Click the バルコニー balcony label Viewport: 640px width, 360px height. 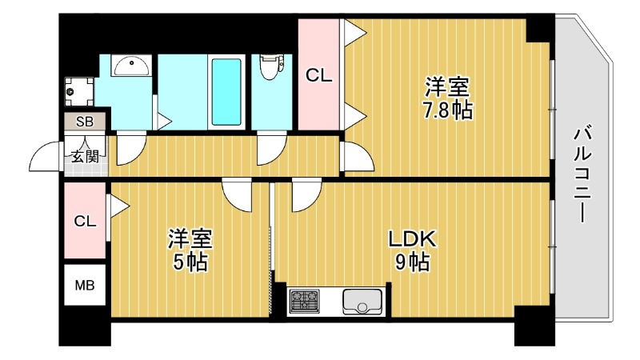(x=582, y=173)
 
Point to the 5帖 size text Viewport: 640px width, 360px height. (x=190, y=262)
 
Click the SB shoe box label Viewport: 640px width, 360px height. (x=84, y=122)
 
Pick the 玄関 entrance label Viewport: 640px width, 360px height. (x=84, y=156)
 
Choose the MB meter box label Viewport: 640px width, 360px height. (x=84, y=284)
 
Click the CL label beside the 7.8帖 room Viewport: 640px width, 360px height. (x=320, y=76)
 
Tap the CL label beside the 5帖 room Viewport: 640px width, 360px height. (x=85, y=222)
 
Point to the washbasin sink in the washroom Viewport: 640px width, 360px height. (x=128, y=65)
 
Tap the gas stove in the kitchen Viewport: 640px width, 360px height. (x=304, y=302)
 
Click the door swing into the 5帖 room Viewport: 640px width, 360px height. (x=238, y=194)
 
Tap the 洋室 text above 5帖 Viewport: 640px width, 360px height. (x=190, y=238)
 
